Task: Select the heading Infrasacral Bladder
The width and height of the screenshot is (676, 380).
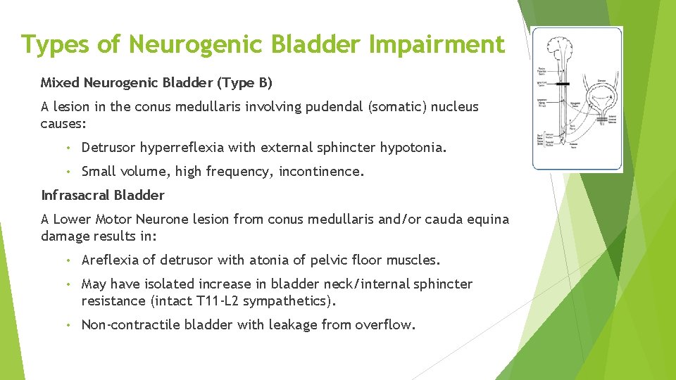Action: point(103,195)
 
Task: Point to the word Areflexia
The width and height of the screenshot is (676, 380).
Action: point(111,260)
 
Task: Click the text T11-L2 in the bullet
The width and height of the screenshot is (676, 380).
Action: point(215,302)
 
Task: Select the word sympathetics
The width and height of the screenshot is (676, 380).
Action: point(289,302)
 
